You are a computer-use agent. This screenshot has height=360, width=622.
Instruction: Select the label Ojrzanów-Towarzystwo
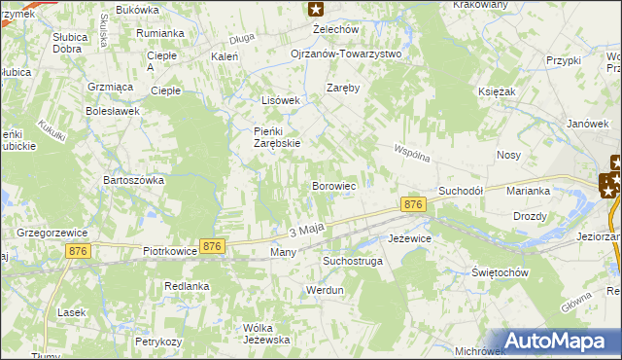tap(346, 54)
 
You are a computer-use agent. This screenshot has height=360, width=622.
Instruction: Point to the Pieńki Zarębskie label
tap(263, 137)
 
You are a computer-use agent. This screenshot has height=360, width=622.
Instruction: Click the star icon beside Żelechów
tap(316, 10)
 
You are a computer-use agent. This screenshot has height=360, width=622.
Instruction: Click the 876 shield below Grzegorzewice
tap(80, 251)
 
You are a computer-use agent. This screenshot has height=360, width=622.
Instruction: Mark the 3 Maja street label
tap(305, 230)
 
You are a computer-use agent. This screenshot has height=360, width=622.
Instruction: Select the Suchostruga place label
tap(353, 262)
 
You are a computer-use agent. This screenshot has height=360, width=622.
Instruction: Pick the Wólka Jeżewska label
tap(267, 333)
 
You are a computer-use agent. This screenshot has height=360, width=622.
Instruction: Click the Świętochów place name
tap(499, 272)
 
